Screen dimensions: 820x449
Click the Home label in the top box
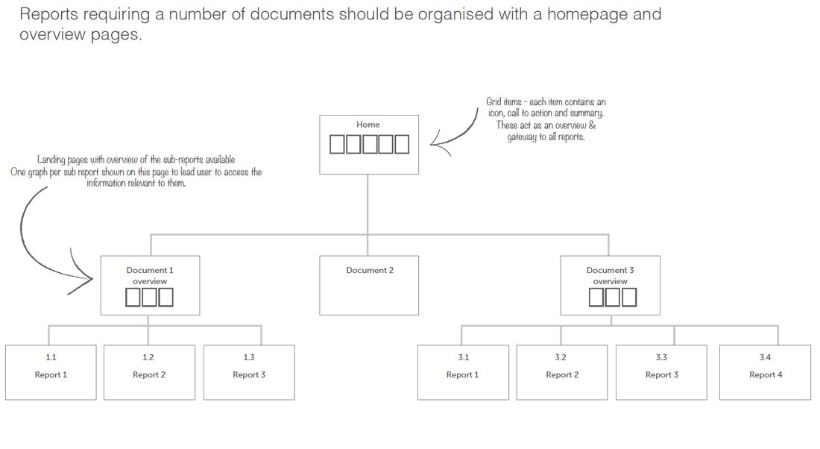pyautogui.click(x=368, y=125)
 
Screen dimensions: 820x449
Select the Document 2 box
pyautogui.click(x=369, y=285)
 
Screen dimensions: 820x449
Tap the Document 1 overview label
pyautogui.click(x=150, y=275)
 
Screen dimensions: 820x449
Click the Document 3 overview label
pyautogui.click(x=610, y=275)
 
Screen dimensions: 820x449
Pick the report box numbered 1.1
pyautogui.click(x=51, y=373)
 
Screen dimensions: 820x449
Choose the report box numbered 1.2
pyautogui.click(x=150, y=373)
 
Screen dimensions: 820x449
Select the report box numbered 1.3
pyautogui.click(x=249, y=373)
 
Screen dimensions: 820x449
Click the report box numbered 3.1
pyautogui.click(x=463, y=373)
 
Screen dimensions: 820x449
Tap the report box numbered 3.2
pyautogui.click(x=562, y=373)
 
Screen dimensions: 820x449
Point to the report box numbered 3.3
pyautogui.click(x=661, y=373)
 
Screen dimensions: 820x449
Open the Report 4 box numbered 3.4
pyautogui.click(x=765, y=373)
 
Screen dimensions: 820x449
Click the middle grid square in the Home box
pyautogui.click(x=369, y=145)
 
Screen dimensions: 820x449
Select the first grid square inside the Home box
pyautogui.click(x=337, y=145)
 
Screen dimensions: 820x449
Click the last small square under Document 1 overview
pyautogui.click(x=165, y=298)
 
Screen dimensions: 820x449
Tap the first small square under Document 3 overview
pyautogui.click(x=596, y=298)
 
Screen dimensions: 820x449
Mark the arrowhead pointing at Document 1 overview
pyautogui.click(x=83, y=277)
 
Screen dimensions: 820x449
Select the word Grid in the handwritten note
pyautogui.click(x=493, y=101)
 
